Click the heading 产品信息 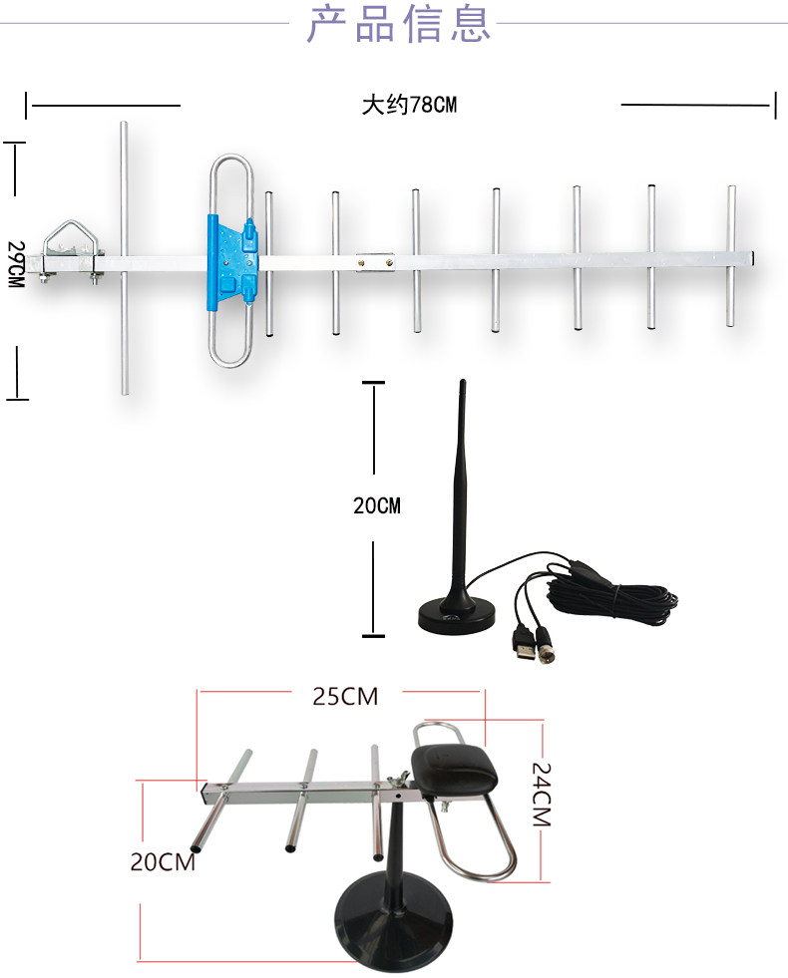(x=399, y=24)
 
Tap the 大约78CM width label (x=409, y=105)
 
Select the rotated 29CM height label (x=15, y=264)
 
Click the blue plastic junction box (x=231, y=261)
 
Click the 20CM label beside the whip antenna (x=376, y=505)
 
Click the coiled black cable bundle (x=612, y=599)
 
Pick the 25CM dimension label (x=346, y=697)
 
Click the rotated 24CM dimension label (x=541, y=795)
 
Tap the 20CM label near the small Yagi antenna (x=163, y=862)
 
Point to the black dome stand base (x=393, y=923)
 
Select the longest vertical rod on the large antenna (x=124, y=258)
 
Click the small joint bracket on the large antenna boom (x=375, y=261)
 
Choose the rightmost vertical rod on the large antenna (x=730, y=256)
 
